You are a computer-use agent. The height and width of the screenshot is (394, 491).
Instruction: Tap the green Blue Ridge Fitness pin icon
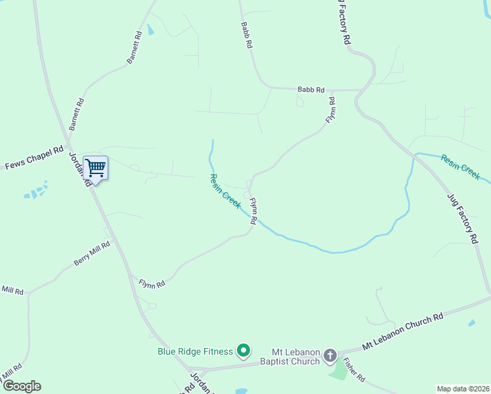pos(244,351)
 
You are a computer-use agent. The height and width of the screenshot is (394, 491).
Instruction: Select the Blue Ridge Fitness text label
pos(195,351)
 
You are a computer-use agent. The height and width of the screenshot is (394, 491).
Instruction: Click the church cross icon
pos(330,356)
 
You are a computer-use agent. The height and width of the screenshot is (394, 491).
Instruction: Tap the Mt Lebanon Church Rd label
pos(402,331)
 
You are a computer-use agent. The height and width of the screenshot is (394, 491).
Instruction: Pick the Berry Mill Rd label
pos(92,252)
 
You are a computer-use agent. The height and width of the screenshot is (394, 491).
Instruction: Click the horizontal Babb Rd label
pos(311,89)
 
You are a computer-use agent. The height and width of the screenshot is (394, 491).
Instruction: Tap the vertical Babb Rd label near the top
pos(246,35)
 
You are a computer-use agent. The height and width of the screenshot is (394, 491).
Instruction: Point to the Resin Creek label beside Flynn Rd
pos(225,190)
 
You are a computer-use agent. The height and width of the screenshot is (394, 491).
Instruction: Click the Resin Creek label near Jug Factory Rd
pos(461,167)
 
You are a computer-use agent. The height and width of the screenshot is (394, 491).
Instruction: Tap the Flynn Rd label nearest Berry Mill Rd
pos(152,284)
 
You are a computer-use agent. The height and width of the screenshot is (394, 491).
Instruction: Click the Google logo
pos(22,386)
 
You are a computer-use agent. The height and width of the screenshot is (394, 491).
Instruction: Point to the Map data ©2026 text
pos(462,389)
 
